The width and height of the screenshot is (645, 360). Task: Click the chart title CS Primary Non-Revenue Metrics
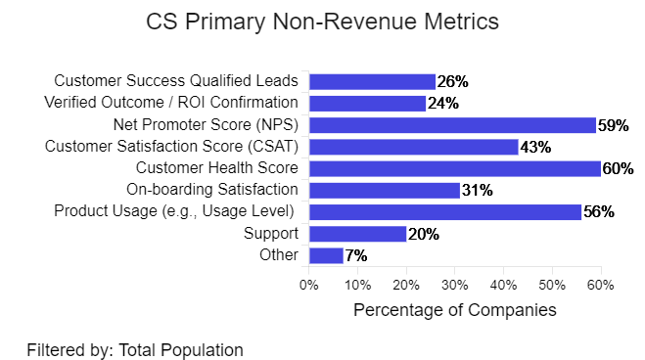coord(322,22)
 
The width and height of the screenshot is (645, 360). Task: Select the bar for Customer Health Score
coord(454,168)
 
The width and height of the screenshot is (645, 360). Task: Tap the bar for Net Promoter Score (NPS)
coord(452,125)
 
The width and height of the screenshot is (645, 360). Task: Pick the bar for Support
coord(357,234)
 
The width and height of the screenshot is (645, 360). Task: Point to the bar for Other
coord(326,255)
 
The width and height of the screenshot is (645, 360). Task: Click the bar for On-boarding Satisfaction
coord(384,190)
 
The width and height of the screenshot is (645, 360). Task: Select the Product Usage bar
coord(444,211)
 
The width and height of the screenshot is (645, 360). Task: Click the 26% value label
coord(452,82)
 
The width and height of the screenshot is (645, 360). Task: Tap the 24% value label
coord(442,104)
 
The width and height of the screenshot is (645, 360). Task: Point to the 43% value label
coord(534,147)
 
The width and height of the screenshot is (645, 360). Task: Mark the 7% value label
coord(356,255)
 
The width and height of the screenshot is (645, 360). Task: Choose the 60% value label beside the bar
coord(618,168)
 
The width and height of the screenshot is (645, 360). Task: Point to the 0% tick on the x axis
coord(309,285)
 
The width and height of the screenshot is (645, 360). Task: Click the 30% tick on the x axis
coord(454,285)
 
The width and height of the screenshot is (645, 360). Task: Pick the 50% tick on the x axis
coord(551,285)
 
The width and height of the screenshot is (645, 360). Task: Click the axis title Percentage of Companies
coord(454,310)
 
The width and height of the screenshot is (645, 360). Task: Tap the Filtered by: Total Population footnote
coord(135,348)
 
